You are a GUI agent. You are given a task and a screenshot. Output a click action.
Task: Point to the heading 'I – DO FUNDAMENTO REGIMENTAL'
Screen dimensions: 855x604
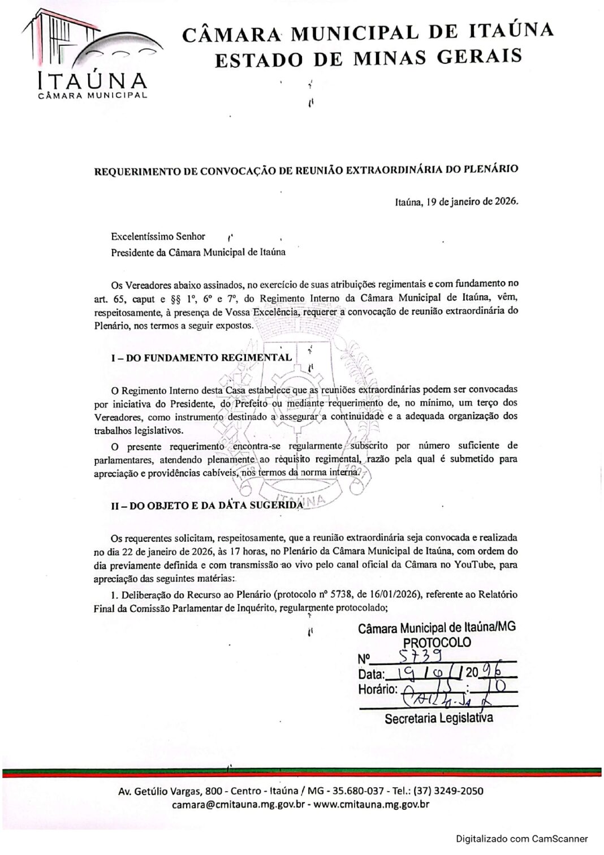pos(201,357)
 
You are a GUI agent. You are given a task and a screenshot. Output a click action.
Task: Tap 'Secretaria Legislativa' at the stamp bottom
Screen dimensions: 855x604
pos(438,718)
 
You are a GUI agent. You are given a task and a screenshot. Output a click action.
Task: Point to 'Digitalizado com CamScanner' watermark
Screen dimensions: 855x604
pos(521,839)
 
